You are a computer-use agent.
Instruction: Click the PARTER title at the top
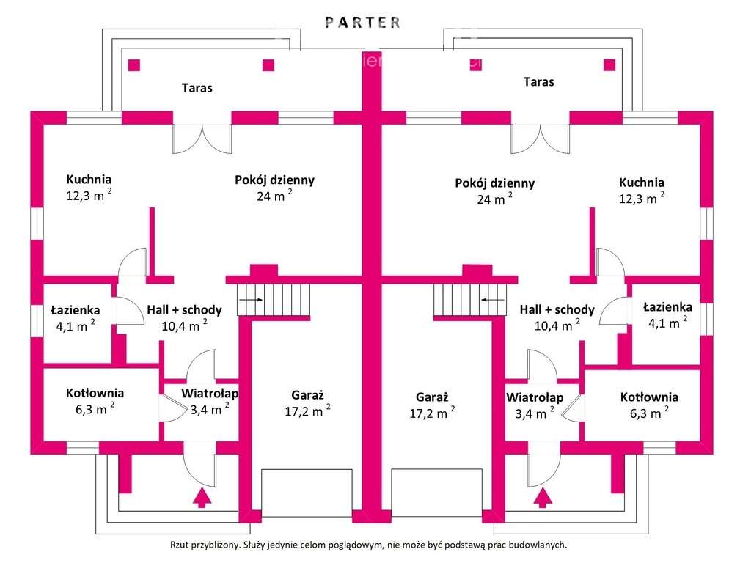coord(364,22)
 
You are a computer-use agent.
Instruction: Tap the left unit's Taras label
coord(197,88)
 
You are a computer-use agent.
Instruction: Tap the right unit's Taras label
coord(538,81)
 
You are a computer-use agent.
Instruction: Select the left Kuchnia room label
coord(89,179)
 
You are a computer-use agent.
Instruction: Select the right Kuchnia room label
coord(642,183)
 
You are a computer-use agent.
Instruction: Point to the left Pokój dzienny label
coord(275,180)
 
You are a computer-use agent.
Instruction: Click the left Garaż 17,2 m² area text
coord(307,411)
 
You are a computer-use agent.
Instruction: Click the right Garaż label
coord(431,397)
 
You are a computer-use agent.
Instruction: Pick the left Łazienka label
coord(76,310)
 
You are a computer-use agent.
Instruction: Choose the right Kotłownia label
coord(649,397)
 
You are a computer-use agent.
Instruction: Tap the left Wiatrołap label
coord(210,394)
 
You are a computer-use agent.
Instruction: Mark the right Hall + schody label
coord(557,309)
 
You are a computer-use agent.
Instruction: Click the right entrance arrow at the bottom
coord(542,498)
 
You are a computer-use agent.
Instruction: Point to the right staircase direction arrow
coord(493,299)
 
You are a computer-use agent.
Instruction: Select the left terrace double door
coord(202,138)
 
